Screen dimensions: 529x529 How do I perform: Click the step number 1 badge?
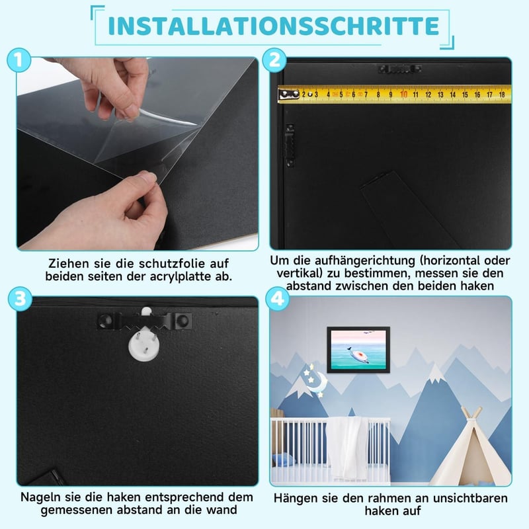tap(19, 60)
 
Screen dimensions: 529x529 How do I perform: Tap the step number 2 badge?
tap(274, 60)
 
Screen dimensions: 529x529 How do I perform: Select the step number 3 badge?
tap(20, 299)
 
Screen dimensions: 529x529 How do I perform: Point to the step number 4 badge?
tap(277, 299)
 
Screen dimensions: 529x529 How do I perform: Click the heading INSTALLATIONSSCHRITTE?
tap(273, 26)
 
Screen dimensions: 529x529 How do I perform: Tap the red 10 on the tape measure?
tap(403, 94)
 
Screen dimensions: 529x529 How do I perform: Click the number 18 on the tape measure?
tap(502, 95)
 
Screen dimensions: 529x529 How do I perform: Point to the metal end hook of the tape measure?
tap(289, 95)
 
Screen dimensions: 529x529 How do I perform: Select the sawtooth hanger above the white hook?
tap(144, 321)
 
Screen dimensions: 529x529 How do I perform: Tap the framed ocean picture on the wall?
tap(358, 350)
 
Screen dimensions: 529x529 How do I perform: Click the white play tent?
tap(471, 447)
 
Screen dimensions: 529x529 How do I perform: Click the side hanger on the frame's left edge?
tap(290, 145)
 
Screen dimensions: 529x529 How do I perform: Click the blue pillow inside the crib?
tap(284, 460)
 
